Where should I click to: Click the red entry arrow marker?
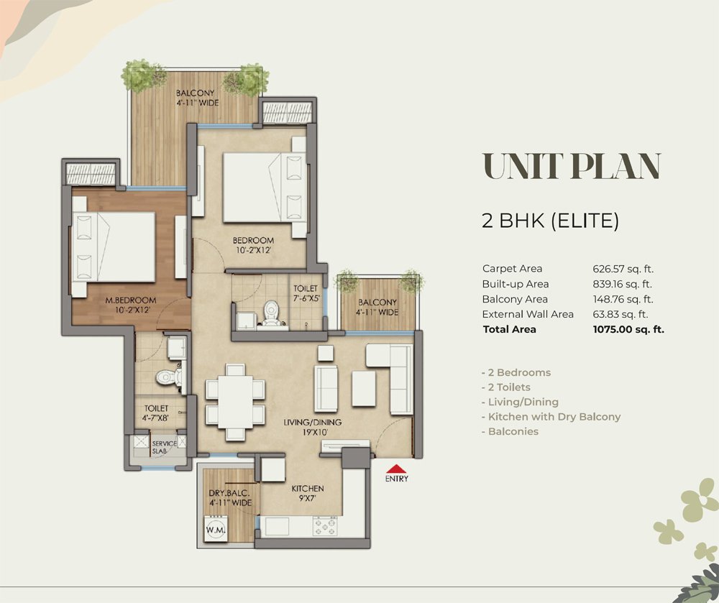pos(397,469)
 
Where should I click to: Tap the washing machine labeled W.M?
pos(216,529)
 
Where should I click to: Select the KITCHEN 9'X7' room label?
pos(308,493)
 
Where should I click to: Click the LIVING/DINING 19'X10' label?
pos(312,427)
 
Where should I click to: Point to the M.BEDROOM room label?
pos(131,300)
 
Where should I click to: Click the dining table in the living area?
pos(235,402)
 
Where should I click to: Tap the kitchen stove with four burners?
pos(325,525)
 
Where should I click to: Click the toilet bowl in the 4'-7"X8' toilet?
pos(168,377)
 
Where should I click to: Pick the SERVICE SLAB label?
pos(164,447)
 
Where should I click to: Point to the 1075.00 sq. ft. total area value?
pos(628,329)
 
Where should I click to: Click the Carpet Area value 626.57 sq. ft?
pos(623,269)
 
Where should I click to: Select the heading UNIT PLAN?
pos(572,166)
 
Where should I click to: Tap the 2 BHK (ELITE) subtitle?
pos(550,221)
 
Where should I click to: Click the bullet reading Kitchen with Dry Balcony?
pos(551,417)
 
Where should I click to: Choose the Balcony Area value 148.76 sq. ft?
pos(623,299)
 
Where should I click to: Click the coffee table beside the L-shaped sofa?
pos(364,389)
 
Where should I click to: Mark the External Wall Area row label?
pos(528,314)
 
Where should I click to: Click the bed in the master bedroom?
pos(114,247)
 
